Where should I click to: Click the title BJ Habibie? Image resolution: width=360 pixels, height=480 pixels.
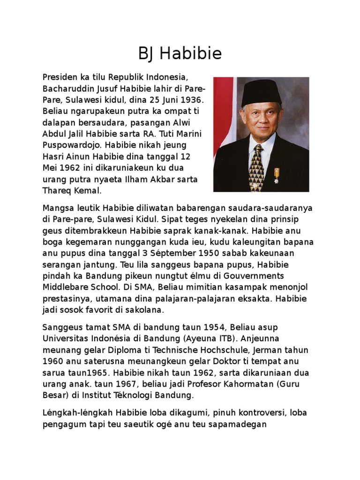[x=180, y=54]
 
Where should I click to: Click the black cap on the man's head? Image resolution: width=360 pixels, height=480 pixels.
[x=261, y=92]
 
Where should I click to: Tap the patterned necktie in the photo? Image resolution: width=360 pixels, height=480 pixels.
[x=256, y=166]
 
